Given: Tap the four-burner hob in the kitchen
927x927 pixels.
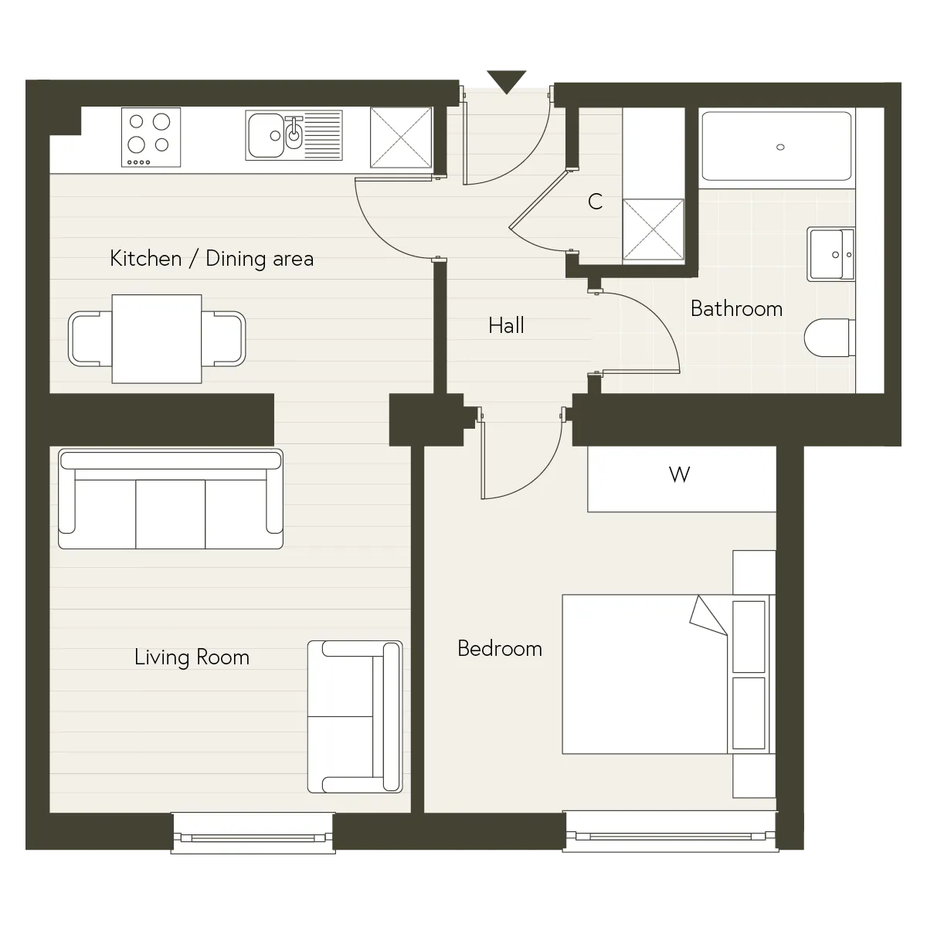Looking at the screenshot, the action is tap(151, 137).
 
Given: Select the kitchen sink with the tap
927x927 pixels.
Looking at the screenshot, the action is tap(294, 135).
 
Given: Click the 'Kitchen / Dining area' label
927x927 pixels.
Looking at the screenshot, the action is tap(212, 259).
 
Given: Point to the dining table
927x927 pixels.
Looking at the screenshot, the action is tap(157, 338).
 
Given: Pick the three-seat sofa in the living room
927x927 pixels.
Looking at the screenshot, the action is tap(171, 499).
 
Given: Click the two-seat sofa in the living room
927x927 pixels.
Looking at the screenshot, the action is tap(355, 716).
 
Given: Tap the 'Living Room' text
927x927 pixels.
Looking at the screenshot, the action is tap(192, 657).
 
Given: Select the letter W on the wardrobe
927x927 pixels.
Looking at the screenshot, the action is tap(679, 475).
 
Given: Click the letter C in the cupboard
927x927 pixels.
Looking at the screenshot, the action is tap(595, 202).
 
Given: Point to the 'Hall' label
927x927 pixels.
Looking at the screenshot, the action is tap(506, 325).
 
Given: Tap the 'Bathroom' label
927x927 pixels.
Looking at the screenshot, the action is tap(736, 308).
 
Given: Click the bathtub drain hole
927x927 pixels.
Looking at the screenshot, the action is tap(780, 148).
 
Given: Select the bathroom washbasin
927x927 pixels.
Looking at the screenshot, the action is tap(830, 254).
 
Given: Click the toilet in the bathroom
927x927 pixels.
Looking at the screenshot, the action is tap(830, 338).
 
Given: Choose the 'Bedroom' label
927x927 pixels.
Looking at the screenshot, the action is tap(500, 648).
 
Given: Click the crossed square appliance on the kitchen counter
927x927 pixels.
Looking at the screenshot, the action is tap(401, 138).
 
